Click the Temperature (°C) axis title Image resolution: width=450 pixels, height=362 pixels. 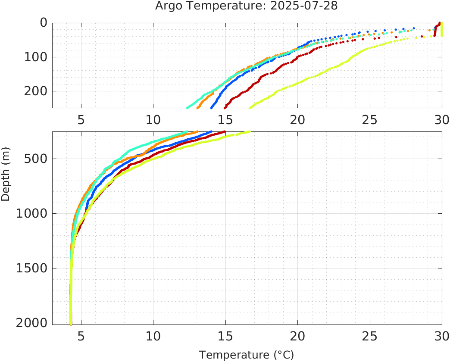(247, 355)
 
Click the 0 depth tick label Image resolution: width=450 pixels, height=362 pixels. (43, 23)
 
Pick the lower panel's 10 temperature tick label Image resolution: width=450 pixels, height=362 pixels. (153, 336)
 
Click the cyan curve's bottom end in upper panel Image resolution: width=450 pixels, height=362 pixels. (187, 107)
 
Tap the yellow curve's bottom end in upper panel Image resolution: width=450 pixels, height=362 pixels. (250, 107)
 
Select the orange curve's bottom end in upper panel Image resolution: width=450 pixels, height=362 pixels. (198, 107)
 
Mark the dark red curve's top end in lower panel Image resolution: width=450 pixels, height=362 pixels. (224, 132)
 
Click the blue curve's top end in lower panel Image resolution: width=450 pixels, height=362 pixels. (211, 132)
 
